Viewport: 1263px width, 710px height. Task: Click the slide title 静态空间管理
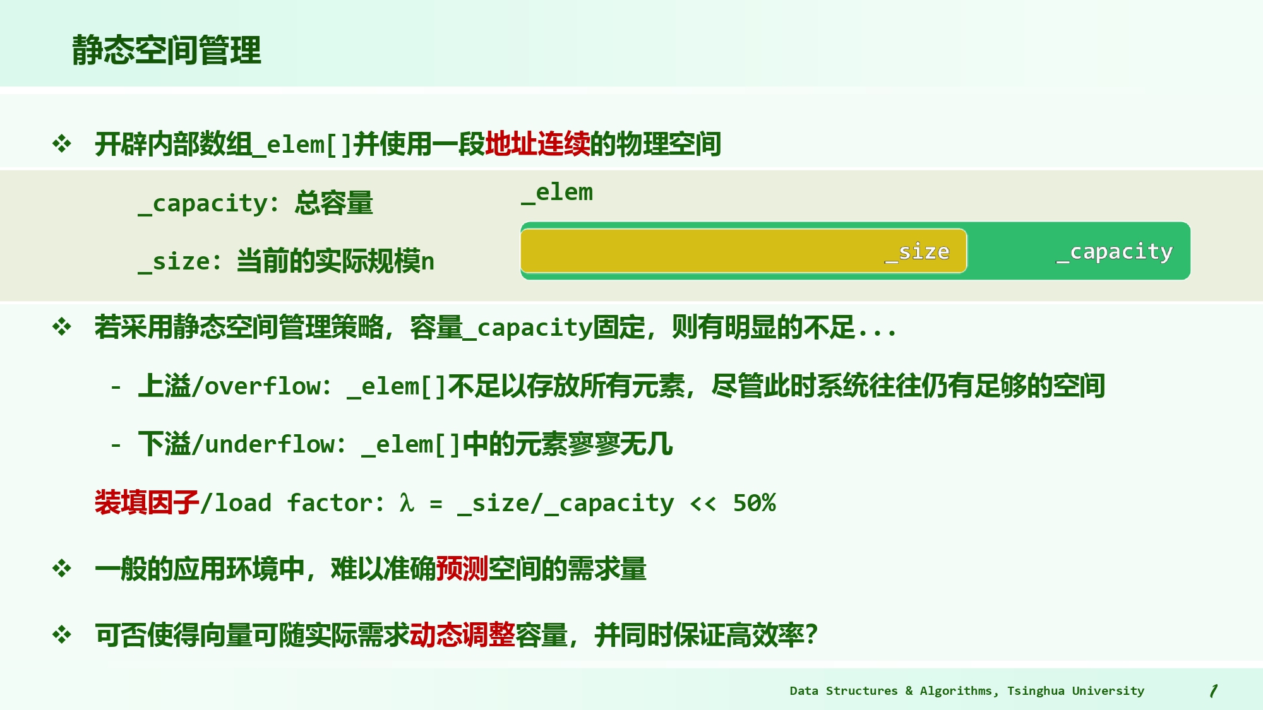(x=166, y=50)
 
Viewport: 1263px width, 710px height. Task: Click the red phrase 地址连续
(x=537, y=144)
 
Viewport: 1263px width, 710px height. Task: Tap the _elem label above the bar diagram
(x=557, y=192)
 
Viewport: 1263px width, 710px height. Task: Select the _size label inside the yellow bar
(x=917, y=252)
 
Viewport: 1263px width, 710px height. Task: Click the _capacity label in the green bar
(x=1115, y=252)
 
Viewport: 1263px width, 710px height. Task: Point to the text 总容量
(x=333, y=203)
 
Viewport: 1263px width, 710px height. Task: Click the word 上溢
(x=164, y=386)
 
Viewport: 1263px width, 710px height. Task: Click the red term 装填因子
(x=147, y=502)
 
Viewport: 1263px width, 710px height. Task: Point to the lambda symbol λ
(x=407, y=503)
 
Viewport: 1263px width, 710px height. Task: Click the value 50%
(x=754, y=503)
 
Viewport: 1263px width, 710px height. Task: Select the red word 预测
(x=462, y=569)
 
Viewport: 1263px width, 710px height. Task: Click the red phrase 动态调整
(x=462, y=634)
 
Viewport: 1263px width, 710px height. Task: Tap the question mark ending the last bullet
(x=811, y=634)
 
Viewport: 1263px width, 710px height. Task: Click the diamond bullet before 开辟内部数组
(x=62, y=144)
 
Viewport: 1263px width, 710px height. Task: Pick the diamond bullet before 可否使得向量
(x=62, y=634)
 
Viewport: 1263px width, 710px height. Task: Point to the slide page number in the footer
(x=1213, y=691)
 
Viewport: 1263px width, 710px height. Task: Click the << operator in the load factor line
(x=703, y=503)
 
